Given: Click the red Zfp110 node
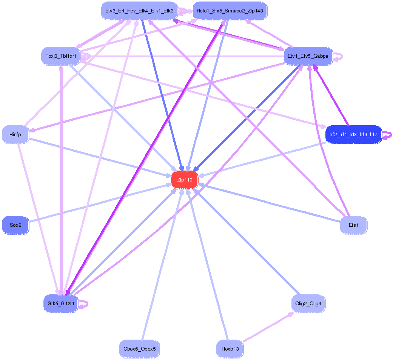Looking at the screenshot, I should click(185, 180).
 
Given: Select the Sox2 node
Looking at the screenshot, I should click(15, 225).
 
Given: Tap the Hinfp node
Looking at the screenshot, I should click(15, 134).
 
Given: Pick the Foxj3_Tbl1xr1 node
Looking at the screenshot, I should click(60, 57).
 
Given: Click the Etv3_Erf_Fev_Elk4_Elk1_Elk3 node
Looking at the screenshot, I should click(139, 11).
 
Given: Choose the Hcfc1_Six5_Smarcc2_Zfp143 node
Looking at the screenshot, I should click(230, 11).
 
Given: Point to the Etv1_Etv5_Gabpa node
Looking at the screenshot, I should click(308, 57).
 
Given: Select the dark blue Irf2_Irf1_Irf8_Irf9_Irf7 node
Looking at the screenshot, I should click(353, 134).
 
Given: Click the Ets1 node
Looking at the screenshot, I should click(353, 225).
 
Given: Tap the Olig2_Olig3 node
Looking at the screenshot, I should click(308, 304).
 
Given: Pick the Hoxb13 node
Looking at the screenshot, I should click(230, 349).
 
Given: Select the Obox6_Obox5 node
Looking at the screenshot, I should click(139, 349).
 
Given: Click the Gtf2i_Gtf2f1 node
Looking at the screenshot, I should click(60, 304).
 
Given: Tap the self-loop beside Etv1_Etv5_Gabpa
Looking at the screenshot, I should click(341, 57).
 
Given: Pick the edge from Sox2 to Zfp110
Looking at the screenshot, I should click(98, 203).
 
